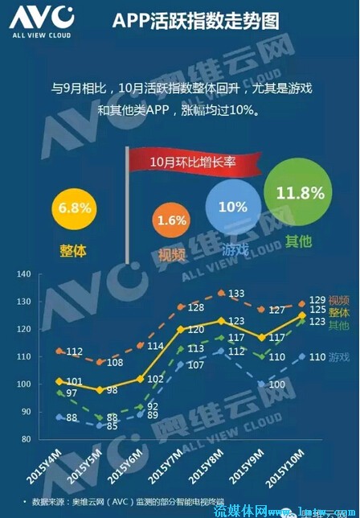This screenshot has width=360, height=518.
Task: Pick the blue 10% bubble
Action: click(x=232, y=207)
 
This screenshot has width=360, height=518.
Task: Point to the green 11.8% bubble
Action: click(x=300, y=193)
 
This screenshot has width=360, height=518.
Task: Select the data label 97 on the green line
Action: click(x=72, y=393)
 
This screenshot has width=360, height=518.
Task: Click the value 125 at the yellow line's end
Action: click(x=317, y=309)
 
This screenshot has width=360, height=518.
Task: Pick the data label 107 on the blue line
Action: click(x=195, y=366)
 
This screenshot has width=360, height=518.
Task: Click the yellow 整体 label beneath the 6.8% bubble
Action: click(x=72, y=250)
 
